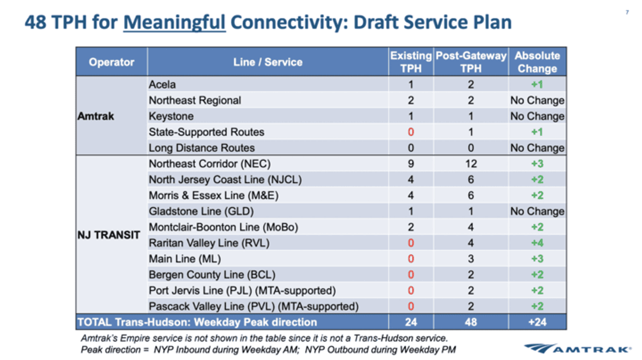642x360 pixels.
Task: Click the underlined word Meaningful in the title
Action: [x=174, y=22]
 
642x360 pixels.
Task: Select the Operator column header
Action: [x=111, y=62]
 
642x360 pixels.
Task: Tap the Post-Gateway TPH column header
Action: [x=471, y=62]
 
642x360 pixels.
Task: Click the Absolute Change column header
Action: [x=537, y=62]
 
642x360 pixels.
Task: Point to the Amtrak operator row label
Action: [x=96, y=116]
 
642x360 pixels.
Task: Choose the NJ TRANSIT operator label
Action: [x=109, y=235]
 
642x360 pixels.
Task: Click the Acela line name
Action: [x=162, y=85]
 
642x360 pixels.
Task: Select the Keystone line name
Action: [x=171, y=116]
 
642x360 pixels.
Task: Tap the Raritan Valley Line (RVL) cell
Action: [x=209, y=243]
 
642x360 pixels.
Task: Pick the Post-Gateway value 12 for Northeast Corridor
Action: [x=471, y=164]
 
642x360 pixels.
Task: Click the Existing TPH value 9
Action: [x=411, y=164]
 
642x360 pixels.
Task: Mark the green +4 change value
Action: [x=537, y=243]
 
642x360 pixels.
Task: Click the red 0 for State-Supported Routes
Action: [x=411, y=132]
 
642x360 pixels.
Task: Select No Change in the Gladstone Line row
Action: [x=537, y=211]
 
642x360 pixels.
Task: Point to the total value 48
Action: [x=471, y=322]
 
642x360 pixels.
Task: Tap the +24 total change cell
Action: [x=537, y=322]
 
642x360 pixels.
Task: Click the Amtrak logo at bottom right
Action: [x=578, y=348]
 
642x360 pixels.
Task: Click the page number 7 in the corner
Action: [x=626, y=12]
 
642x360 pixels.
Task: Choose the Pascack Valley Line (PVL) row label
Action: [x=254, y=307]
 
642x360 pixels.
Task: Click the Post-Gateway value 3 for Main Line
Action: [x=471, y=259]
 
